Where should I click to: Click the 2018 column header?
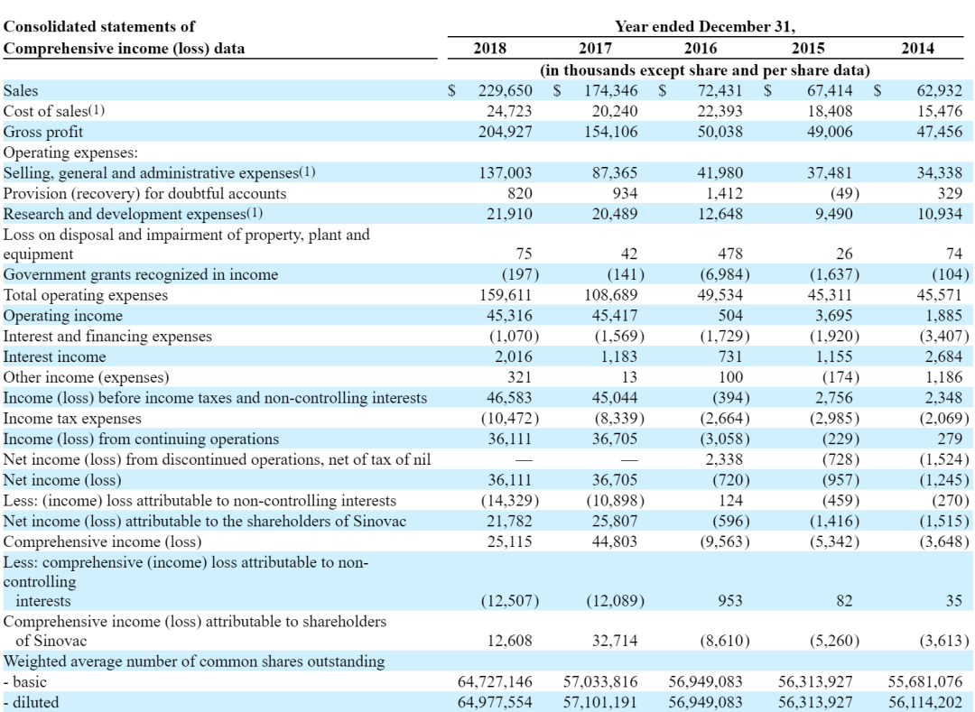pos(489,48)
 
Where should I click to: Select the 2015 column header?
pos(808,48)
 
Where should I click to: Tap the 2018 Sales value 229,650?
pos(505,91)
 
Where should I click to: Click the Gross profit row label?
pos(43,132)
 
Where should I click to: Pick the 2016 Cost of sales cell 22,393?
pos(720,111)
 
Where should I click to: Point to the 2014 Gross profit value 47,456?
pos(939,132)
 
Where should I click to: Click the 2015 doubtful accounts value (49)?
pos(844,193)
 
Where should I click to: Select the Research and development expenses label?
pos(133,214)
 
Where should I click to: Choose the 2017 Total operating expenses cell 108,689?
pos(610,295)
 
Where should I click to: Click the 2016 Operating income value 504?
pos(730,316)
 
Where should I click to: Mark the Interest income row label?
pos(55,356)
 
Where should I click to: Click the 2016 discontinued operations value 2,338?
pos(724,459)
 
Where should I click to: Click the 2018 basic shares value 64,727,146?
pos(495,681)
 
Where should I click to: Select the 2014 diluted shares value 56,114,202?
pos(925,702)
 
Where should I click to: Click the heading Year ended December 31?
pos(705,27)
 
